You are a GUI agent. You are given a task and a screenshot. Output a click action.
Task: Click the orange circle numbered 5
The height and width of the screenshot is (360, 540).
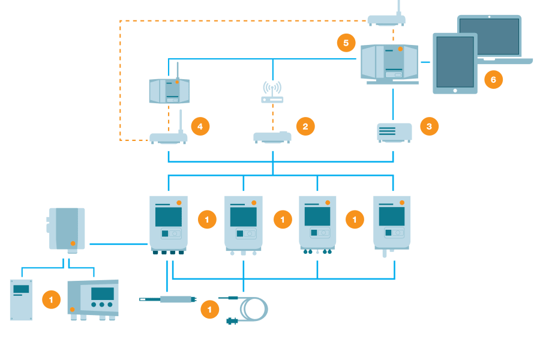(346, 43)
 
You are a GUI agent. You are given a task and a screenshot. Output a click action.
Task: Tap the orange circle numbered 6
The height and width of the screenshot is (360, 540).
(493, 79)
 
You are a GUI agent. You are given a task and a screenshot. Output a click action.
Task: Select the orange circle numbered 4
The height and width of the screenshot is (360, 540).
(200, 126)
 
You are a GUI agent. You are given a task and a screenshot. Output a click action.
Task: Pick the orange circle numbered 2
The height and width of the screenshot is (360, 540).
(305, 126)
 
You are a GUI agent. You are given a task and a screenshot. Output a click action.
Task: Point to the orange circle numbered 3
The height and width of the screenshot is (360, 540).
(428, 126)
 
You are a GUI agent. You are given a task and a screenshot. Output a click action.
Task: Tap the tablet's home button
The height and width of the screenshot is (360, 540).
(455, 90)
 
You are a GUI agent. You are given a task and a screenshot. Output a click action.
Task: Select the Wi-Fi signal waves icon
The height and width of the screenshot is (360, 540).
(272, 88)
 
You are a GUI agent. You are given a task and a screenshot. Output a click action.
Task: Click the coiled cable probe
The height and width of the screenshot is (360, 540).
(252, 309)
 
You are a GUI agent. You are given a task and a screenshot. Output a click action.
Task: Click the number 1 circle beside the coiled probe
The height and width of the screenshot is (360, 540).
(209, 310)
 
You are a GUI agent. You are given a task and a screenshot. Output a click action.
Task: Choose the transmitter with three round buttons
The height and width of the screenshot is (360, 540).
(93, 299)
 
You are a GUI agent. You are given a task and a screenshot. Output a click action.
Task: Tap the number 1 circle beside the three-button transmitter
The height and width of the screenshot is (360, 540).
(51, 299)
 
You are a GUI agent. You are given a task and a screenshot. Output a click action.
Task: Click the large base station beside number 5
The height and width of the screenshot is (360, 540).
(389, 62)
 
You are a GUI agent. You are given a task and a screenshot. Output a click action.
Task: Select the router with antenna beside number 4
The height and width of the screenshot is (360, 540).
(169, 137)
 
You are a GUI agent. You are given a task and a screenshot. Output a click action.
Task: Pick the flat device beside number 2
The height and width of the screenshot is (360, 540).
(272, 137)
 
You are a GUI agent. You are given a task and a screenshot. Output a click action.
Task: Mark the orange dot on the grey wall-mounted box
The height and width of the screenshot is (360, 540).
(73, 243)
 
